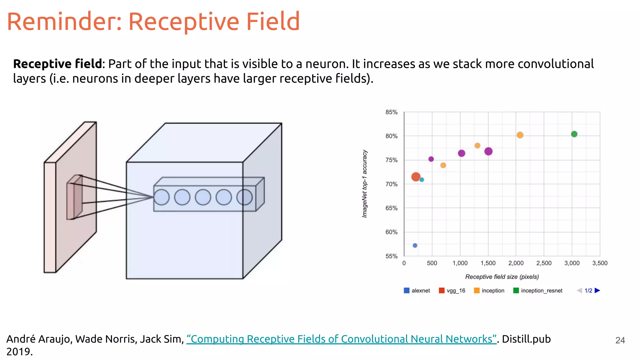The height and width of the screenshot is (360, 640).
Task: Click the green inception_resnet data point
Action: (x=574, y=134)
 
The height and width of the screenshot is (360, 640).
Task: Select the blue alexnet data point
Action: (x=415, y=245)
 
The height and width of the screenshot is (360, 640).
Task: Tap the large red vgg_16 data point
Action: (x=416, y=177)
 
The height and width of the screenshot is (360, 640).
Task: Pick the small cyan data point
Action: (x=422, y=180)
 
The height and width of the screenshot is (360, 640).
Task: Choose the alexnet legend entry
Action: (x=417, y=291)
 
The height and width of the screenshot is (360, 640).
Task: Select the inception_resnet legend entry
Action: (x=538, y=291)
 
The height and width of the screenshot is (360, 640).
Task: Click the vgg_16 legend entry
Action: (x=452, y=291)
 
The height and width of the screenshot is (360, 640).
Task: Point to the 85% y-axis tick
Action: (x=391, y=112)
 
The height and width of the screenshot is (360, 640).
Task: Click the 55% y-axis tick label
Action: (x=391, y=256)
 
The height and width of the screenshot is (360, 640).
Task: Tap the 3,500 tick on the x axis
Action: (x=600, y=263)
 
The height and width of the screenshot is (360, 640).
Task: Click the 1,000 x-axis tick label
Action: (x=460, y=263)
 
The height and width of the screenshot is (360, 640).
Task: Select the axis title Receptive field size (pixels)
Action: (x=502, y=277)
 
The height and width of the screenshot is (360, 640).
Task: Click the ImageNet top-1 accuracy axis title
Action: (x=365, y=184)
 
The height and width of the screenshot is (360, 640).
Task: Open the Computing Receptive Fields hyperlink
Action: (x=341, y=339)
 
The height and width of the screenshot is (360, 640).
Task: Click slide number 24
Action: (x=620, y=340)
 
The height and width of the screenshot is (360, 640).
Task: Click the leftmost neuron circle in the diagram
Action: (x=162, y=197)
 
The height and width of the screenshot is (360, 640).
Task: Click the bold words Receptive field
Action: (x=57, y=64)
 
